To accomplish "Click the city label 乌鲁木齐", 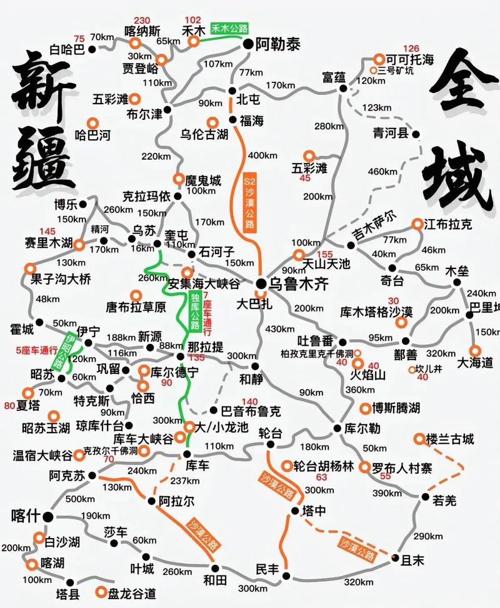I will coord(298,284).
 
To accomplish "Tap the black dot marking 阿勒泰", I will coord(248,44).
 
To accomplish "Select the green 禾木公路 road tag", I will coord(229,28).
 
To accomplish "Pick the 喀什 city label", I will coord(26,516).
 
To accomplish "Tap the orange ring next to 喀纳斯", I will coord(135,43).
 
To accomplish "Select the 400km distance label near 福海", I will coord(262,154).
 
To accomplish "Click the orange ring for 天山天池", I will coord(298,255).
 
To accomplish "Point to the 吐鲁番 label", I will coord(316,341).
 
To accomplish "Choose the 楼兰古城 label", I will coord(450,438).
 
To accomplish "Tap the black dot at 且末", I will coord(395,557).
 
